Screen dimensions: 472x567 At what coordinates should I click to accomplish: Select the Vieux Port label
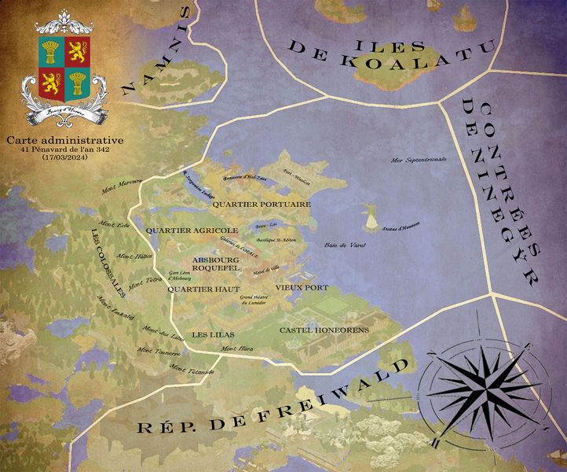[x=302, y=288]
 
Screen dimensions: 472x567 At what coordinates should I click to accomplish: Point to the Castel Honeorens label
[x=316, y=330]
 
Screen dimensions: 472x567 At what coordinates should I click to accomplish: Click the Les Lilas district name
[x=208, y=334]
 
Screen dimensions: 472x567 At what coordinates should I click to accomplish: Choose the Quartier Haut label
[x=203, y=289]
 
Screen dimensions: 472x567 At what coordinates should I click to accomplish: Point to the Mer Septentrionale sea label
[x=419, y=160]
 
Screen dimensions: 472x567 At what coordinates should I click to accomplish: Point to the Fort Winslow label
[x=296, y=178]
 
